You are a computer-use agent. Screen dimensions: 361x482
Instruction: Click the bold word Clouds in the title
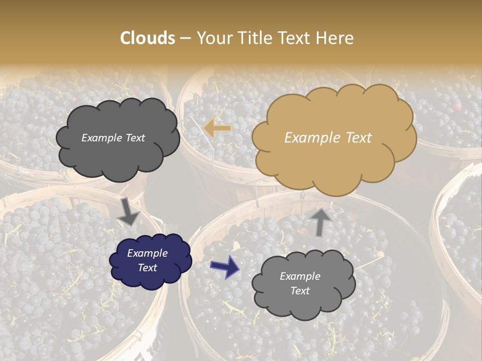coord(148,38)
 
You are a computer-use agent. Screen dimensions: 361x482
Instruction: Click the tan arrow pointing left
coord(217,129)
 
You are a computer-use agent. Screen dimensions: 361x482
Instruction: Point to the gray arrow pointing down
coord(128,212)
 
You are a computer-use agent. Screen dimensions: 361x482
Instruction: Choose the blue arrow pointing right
coord(225,266)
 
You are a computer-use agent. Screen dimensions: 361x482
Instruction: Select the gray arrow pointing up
coord(320,221)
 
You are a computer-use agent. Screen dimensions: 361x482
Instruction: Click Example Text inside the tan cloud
coord(328,138)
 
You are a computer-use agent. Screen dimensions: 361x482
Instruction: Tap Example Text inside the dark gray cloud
coord(113,138)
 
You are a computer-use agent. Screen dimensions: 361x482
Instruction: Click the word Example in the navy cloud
coord(147,253)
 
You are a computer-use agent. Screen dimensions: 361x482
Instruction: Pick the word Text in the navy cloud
coord(148,268)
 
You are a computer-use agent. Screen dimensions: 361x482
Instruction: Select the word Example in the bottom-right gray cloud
coord(300,276)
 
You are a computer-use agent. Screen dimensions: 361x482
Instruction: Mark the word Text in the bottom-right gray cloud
coord(300,291)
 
